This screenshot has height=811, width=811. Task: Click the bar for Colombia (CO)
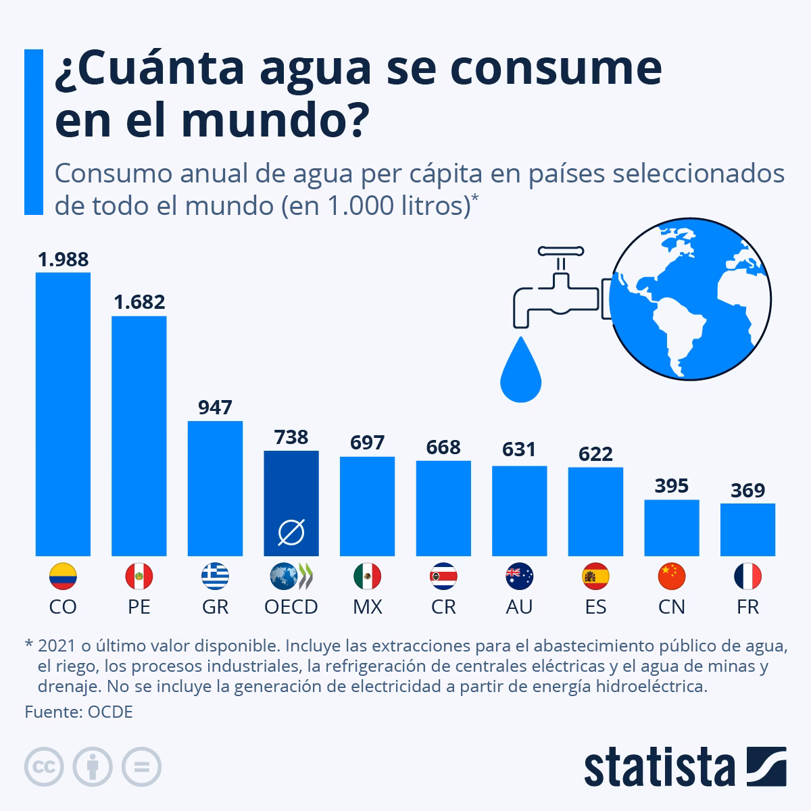(63, 414)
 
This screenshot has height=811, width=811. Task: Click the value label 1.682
(139, 302)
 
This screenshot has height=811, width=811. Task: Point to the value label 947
(215, 408)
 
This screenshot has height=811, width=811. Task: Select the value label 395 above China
(671, 486)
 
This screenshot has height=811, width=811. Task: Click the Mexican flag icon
(367, 576)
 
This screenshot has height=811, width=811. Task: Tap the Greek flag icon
(215, 576)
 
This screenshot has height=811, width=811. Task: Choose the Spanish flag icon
(595, 576)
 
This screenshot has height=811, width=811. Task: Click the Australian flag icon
(519, 576)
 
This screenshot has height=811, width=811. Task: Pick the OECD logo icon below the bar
(291, 576)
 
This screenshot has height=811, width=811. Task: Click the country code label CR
(443, 607)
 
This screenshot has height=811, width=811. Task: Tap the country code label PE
(139, 607)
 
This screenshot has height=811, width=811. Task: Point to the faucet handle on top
(560, 251)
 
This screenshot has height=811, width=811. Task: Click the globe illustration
(689, 301)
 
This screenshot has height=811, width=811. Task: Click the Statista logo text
(660, 766)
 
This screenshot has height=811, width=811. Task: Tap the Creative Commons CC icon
(44, 767)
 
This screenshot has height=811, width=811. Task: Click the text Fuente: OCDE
(78, 712)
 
